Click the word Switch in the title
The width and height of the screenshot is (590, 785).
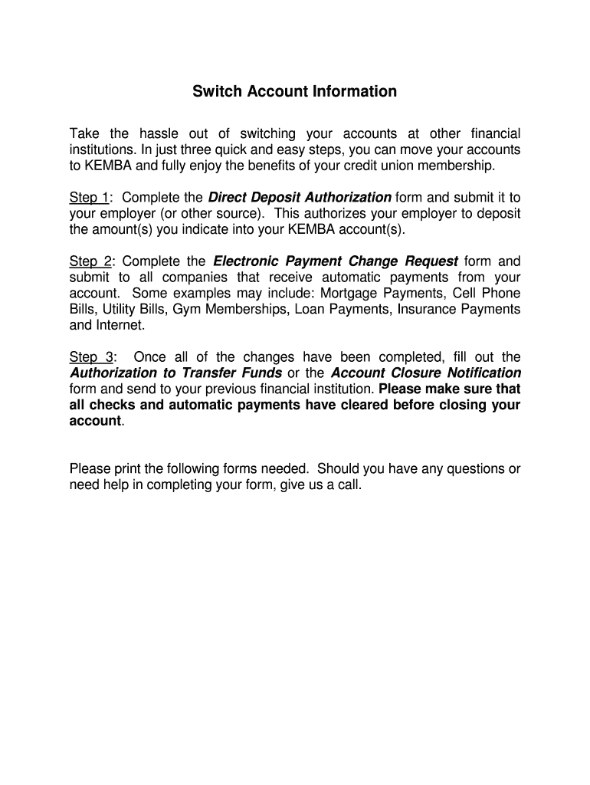214,92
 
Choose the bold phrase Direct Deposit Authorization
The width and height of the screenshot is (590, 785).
300,198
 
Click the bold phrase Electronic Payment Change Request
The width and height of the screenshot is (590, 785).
336,261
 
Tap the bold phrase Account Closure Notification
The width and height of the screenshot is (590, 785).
425,373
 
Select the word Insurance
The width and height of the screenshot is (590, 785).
443,310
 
